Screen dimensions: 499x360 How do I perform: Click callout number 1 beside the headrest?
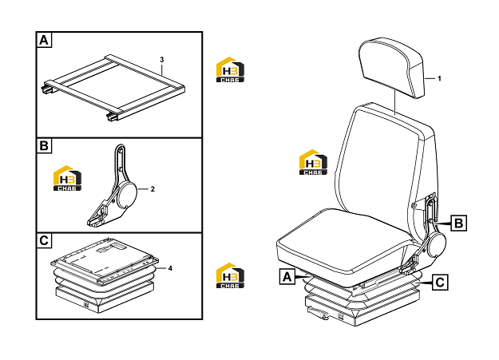coord(439,78)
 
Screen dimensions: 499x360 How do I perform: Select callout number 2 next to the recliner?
coord(152,189)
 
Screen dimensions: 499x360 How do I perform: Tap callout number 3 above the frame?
coord(161,60)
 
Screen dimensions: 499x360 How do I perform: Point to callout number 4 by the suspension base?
coord(170,268)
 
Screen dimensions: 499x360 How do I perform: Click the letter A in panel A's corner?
coord(44,41)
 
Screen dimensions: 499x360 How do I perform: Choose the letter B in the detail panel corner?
coord(44,146)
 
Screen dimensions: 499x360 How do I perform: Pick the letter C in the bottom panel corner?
coord(44,240)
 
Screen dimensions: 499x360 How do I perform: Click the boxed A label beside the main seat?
coord(287,276)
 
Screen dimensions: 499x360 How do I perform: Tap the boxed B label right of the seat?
coord(458,223)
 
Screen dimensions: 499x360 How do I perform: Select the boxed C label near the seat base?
coord(440,283)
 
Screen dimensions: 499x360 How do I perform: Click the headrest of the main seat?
coord(392,67)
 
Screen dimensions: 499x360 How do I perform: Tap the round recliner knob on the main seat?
coord(437,243)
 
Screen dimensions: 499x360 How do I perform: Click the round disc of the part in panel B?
coord(127,194)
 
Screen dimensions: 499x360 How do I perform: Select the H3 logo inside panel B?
coord(67,178)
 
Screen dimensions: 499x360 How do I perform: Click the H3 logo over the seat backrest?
coord(313,162)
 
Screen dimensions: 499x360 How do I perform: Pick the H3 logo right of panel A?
coord(230,69)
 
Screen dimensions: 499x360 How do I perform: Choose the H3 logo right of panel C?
coord(230,275)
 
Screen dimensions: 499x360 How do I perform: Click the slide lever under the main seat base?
coord(318,312)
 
